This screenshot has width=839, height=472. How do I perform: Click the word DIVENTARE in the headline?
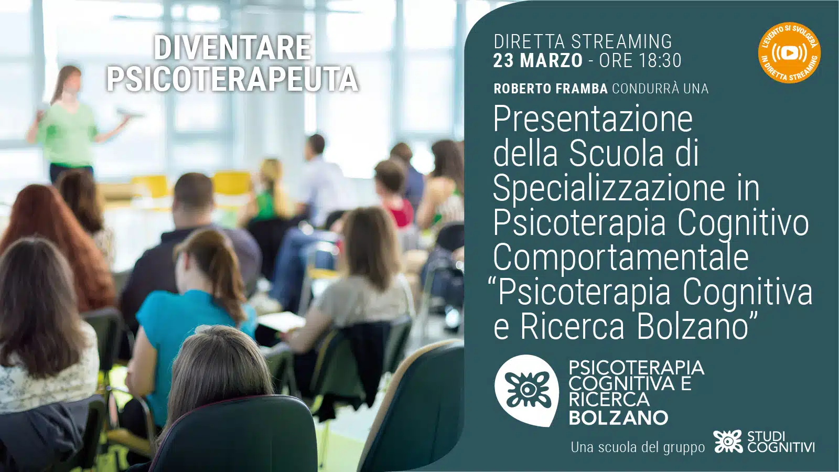232,47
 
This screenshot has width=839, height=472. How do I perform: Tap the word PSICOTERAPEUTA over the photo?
232,79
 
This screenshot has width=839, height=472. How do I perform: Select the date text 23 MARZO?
538,61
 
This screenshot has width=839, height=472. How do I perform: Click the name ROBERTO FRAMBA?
551,89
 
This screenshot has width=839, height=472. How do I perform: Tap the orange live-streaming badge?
790,52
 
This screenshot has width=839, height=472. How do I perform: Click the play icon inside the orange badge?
790,53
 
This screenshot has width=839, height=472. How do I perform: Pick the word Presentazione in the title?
593,120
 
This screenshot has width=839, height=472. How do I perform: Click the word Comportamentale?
621,259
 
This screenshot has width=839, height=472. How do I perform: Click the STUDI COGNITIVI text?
781,442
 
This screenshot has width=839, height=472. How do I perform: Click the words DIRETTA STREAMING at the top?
583,41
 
